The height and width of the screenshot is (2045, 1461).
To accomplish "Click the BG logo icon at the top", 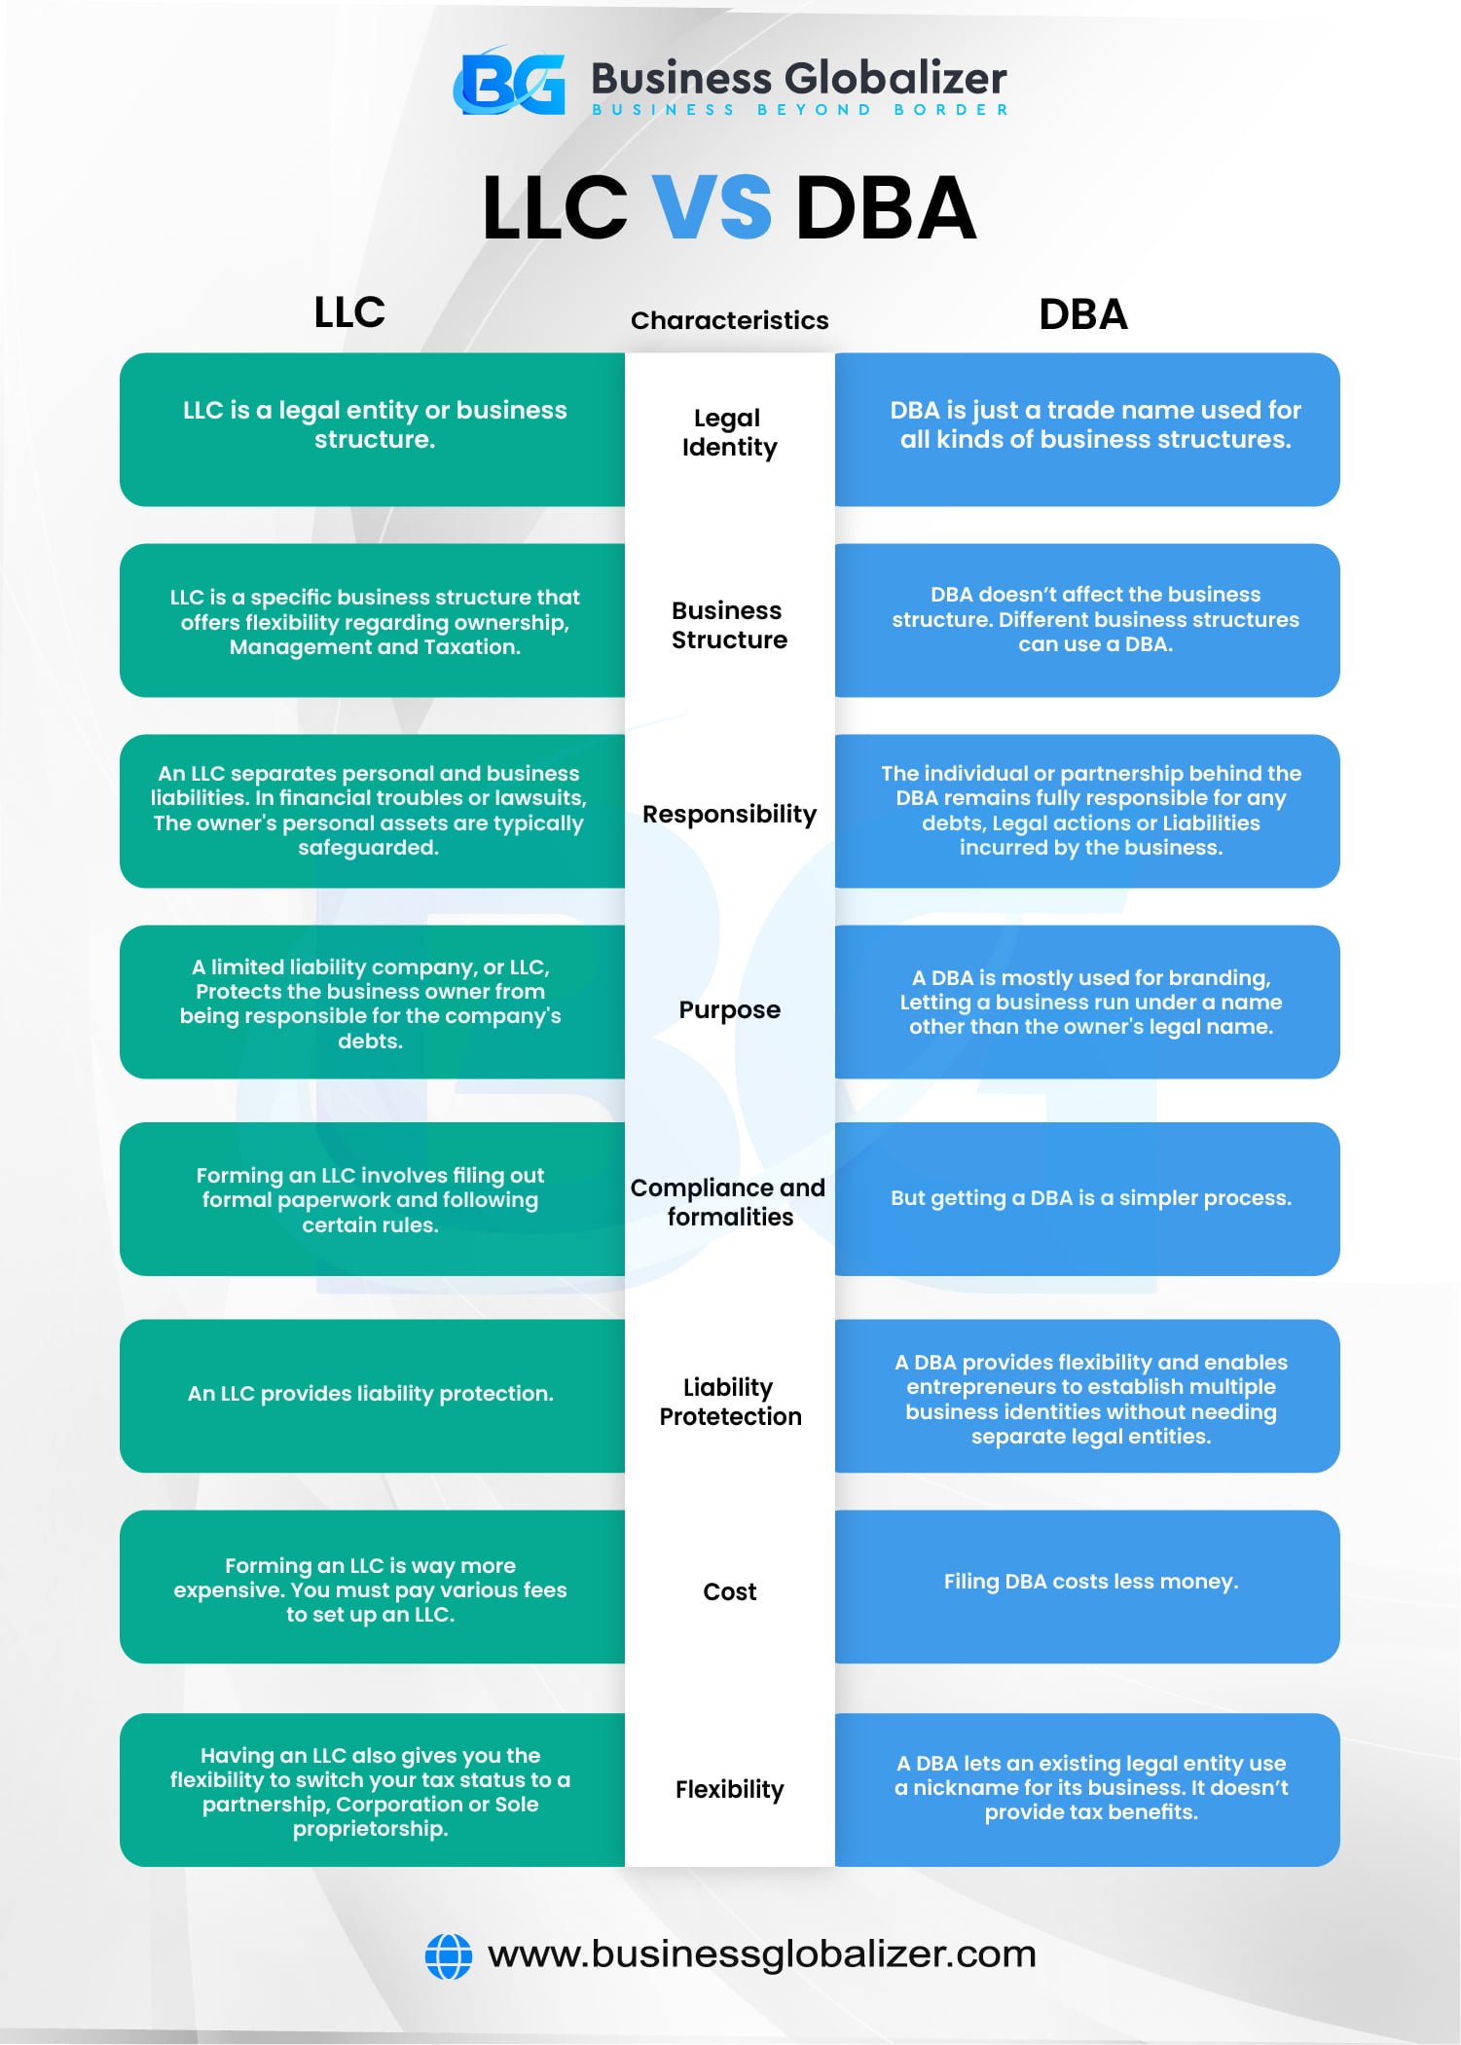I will click(x=510, y=83).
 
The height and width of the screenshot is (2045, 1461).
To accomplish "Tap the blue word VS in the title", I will click(x=712, y=207).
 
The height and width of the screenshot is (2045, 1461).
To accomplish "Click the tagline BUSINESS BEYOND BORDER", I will click(x=800, y=110).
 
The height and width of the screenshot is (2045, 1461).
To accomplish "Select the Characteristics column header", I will click(x=729, y=320).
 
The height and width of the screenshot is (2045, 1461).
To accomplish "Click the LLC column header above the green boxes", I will click(x=349, y=312).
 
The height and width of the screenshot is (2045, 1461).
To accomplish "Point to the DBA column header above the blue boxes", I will click(x=1082, y=314).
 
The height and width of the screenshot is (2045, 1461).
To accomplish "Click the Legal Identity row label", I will click(x=729, y=432).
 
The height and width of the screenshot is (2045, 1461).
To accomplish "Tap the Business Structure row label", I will click(x=729, y=625).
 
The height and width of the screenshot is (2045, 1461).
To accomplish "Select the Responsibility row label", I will click(x=729, y=814).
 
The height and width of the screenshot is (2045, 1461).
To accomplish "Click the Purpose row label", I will click(x=729, y=1009).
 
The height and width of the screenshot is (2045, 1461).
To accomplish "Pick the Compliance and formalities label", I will click(x=729, y=1202).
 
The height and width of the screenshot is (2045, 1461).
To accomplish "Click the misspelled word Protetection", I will click(x=730, y=1416).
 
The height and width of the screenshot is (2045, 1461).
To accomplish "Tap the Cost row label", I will click(x=729, y=1591).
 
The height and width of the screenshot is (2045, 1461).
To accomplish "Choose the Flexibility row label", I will click(x=729, y=1789).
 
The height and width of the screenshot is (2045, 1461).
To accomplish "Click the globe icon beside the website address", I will click(x=449, y=1955).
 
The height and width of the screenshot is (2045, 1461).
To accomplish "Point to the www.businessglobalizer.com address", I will click(x=761, y=1954).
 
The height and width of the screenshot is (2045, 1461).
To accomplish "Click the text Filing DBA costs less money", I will click(x=1090, y=1582).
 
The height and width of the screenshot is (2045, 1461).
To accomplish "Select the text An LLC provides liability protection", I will click(x=370, y=1394).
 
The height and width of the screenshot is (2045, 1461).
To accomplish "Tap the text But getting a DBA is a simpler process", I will click(x=1090, y=1198).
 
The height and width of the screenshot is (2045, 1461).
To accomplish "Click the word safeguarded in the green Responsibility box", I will click(x=368, y=848).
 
